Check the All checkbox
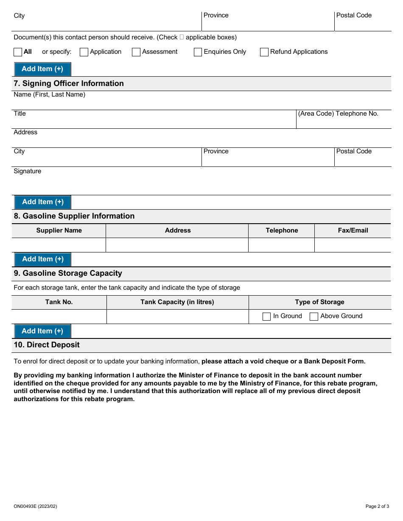coord(18,52)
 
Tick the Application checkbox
coord(84,52)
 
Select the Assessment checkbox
coord(136,52)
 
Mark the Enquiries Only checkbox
coord(198,52)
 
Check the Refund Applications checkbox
coord(264,52)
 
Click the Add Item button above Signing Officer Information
coord(42,69)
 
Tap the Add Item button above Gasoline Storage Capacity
coord(42,259)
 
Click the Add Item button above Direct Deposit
coord(42,331)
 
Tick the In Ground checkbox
coord(266,316)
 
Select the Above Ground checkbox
coord(314,316)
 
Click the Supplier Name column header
coord(59,230)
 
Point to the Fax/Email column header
coord(353,230)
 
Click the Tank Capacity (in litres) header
coord(177,302)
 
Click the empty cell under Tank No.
coord(59,316)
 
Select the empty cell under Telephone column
coord(281,245)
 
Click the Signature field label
coord(28,171)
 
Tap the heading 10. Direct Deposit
coord(47,345)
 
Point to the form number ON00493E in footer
coord(35,506)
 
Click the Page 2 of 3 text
coord(377,506)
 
